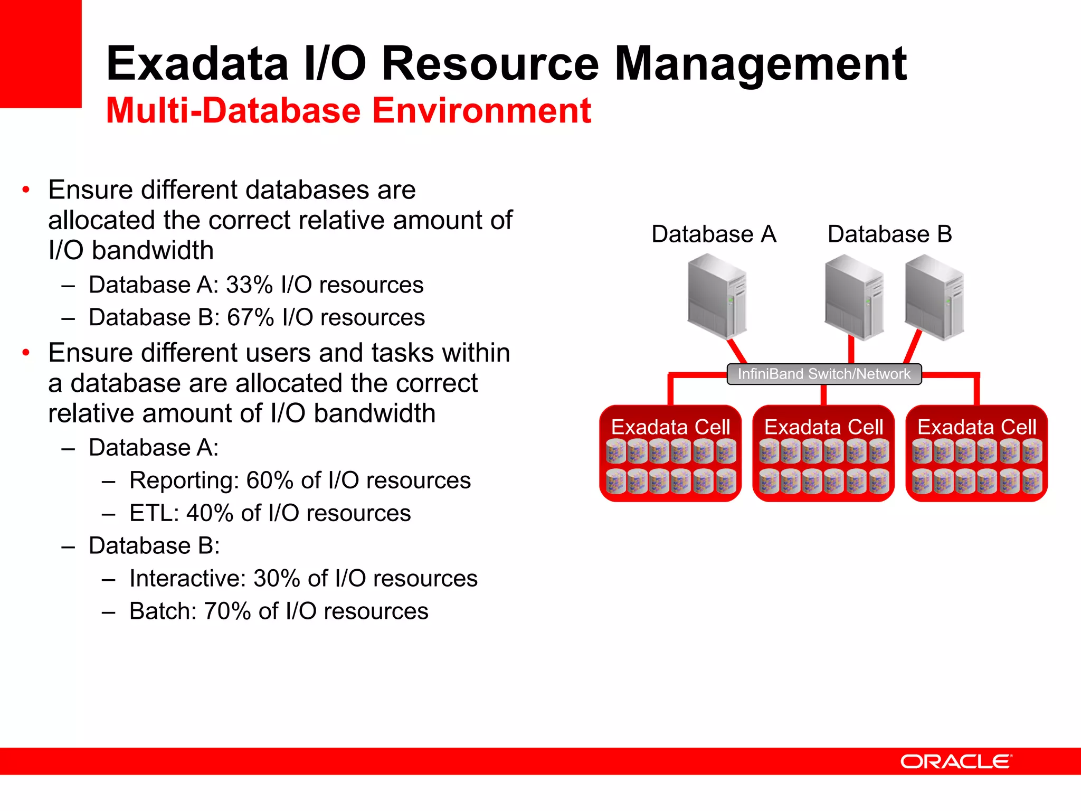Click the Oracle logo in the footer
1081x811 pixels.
click(956, 761)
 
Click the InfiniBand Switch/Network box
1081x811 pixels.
click(823, 374)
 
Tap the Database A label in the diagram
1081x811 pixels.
click(714, 234)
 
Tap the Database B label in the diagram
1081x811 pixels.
click(889, 234)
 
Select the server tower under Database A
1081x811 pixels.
click(717, 296)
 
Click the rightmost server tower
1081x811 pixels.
click(934, 297)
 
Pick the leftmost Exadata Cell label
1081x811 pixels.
click(670, 427)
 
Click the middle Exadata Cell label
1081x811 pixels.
click(823, 427)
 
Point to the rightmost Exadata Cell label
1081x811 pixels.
click(976, 427)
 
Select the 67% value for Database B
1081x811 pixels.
click(250, 318)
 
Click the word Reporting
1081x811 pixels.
click(183, 481)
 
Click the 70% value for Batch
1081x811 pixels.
click(227, 611)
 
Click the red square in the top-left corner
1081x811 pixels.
click(41, 53)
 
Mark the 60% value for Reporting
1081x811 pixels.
click(270, 481)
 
